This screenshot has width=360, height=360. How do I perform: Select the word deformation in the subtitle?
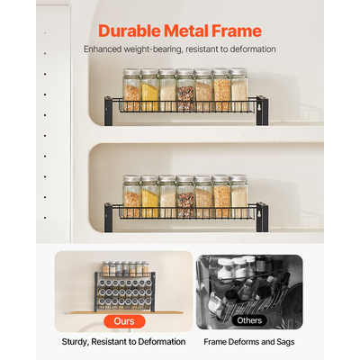[249, 49]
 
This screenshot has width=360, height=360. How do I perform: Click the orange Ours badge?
[124, 320]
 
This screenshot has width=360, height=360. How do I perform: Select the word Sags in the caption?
[283, 342]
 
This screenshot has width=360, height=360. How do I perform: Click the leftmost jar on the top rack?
[131, 91]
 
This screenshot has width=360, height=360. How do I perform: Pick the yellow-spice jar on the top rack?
[149, 91]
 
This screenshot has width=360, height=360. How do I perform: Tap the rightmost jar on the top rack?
[238, 91]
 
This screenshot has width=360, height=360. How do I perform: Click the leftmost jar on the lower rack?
[131, 197]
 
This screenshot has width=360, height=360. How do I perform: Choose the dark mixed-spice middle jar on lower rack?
[185, 197]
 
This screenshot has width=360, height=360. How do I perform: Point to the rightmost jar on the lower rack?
[238, 197]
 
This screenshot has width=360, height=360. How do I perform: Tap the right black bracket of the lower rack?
[261, 214]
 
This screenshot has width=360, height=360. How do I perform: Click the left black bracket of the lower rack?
[109, 214]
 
